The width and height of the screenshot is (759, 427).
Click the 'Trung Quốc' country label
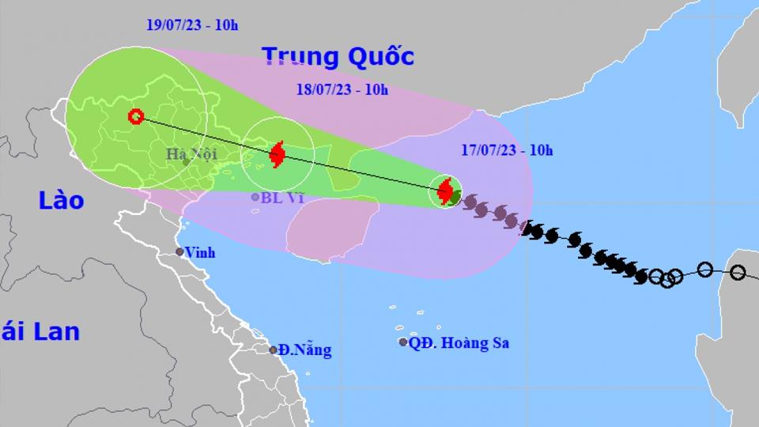[x=338, y=57]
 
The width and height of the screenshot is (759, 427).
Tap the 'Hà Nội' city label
[x=191, y=154]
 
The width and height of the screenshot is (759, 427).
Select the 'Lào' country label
[x=61, y=201]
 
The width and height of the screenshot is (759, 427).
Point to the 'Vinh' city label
[x=199, y=253]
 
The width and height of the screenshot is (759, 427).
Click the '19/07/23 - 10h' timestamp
[x=192, y=25]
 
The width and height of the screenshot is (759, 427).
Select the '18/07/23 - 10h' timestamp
[x=342, y=89]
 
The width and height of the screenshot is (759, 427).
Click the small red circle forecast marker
[x=136, y=117]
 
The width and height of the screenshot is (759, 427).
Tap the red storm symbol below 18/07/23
[x=277, y=153]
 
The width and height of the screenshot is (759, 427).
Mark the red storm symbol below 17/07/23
[x=445, y=191]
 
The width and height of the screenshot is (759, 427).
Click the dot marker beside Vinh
[x=180, y=252]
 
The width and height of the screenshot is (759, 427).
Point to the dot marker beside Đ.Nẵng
[x=273, y=350]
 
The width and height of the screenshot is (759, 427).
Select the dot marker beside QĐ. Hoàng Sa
[x=403, y=342]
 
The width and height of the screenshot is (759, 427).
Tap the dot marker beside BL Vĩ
[x=255, y=197]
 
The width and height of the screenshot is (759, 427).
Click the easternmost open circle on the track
[x=738, y=272]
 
